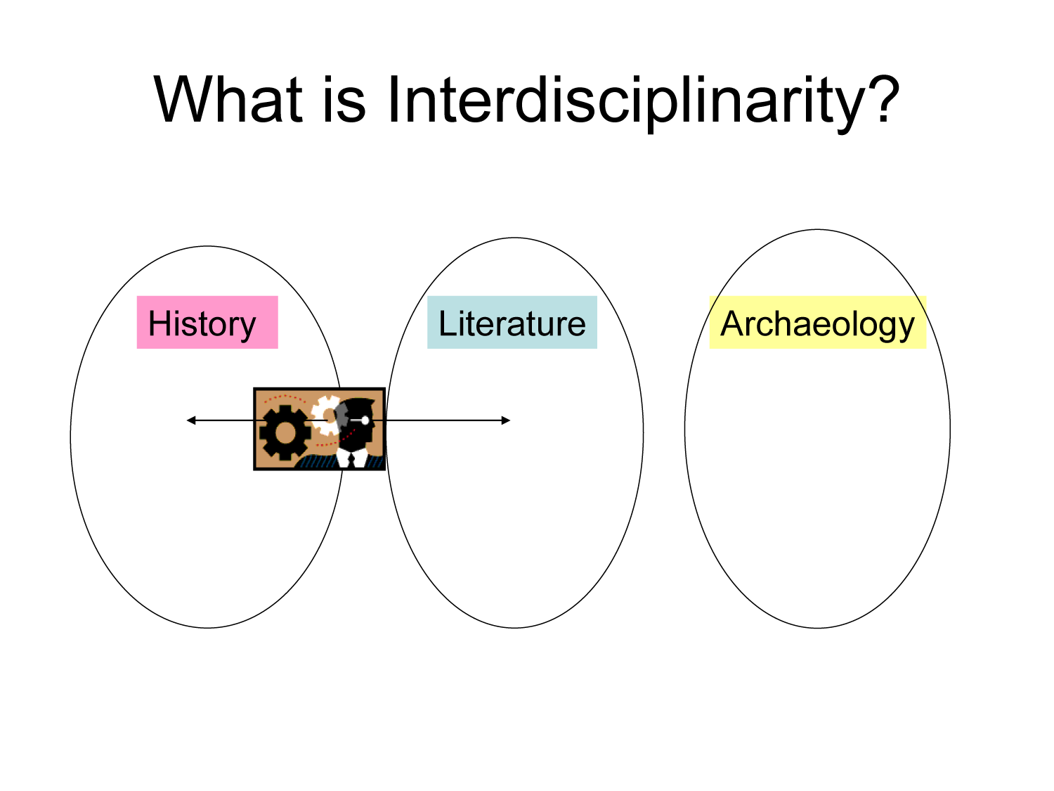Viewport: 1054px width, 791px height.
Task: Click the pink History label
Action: pyautogui.click(x=207, y=323)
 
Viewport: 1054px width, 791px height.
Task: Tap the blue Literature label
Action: pyautogui.click(x=512, y=323)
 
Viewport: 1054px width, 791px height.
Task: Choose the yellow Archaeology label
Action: pyautogui.click(x=817, y=323)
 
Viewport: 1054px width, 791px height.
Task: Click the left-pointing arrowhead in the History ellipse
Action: pyautogui.click(x=190, y=420)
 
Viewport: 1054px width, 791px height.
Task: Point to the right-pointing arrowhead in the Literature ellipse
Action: pyautogui.click(x=506, y=420)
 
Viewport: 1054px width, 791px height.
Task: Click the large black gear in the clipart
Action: pyautogui.click(x=284, y=432)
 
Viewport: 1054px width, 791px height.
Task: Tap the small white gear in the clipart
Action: pyautogui.click(x=325, y=415)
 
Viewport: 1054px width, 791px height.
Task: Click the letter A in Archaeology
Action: pyautogui.click(x=732, y=323)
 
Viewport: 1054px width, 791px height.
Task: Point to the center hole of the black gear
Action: pyautogui.click(x=284, y=432)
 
